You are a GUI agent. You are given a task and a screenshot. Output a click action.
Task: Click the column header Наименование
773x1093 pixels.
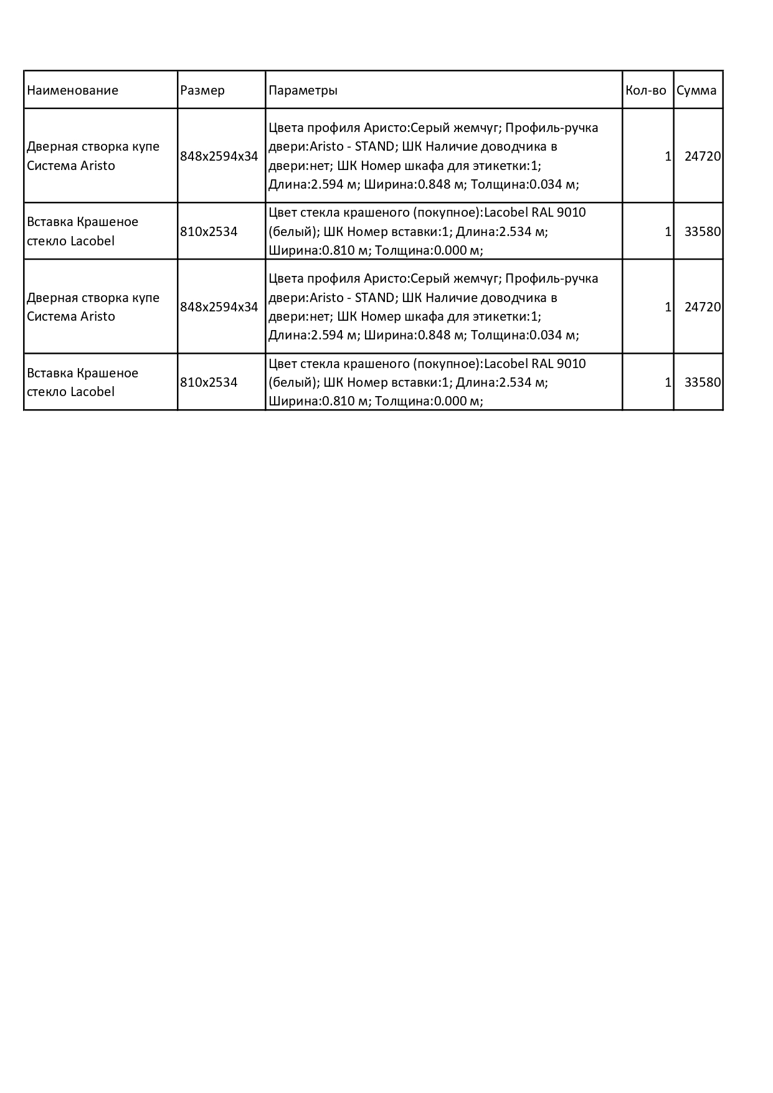[x=72, y=90]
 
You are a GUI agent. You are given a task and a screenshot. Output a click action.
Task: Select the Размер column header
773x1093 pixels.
[x=202, y=90]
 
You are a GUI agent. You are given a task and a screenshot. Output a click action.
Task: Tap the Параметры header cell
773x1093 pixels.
[x=303, y=90]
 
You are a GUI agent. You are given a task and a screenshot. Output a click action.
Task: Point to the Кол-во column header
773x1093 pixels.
[x=646, y=90]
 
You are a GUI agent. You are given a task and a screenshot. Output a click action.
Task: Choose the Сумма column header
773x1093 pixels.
[x=696, y=90]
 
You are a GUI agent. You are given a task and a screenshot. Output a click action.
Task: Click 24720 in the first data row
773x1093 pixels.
[x=702, y=156]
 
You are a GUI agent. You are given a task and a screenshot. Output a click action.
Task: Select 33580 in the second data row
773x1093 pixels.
[x=702, y=232]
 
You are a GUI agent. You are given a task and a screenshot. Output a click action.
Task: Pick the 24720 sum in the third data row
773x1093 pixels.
[x=702, y=307]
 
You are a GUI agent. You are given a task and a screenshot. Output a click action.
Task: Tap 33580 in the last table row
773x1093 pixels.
[x=702, y=382]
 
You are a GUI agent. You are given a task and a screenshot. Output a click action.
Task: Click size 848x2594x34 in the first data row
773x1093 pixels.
[x=219, y=156]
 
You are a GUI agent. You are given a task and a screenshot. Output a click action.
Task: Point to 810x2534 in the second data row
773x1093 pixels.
[x=209, y=232]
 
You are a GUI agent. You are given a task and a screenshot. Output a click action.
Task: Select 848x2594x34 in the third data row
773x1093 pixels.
[x=219, y=307]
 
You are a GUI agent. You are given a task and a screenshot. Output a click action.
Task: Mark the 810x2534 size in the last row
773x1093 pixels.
[x=209, y=382]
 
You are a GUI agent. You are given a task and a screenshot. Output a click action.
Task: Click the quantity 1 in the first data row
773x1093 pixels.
[x=668, y=156]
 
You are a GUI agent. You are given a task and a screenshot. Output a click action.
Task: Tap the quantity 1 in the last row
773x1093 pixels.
[x=668, y=382]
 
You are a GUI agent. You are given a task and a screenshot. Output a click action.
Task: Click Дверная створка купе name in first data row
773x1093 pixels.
[x=93, y=147]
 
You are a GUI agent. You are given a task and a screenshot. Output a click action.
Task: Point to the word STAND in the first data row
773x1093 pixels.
[x=374, y=147]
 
